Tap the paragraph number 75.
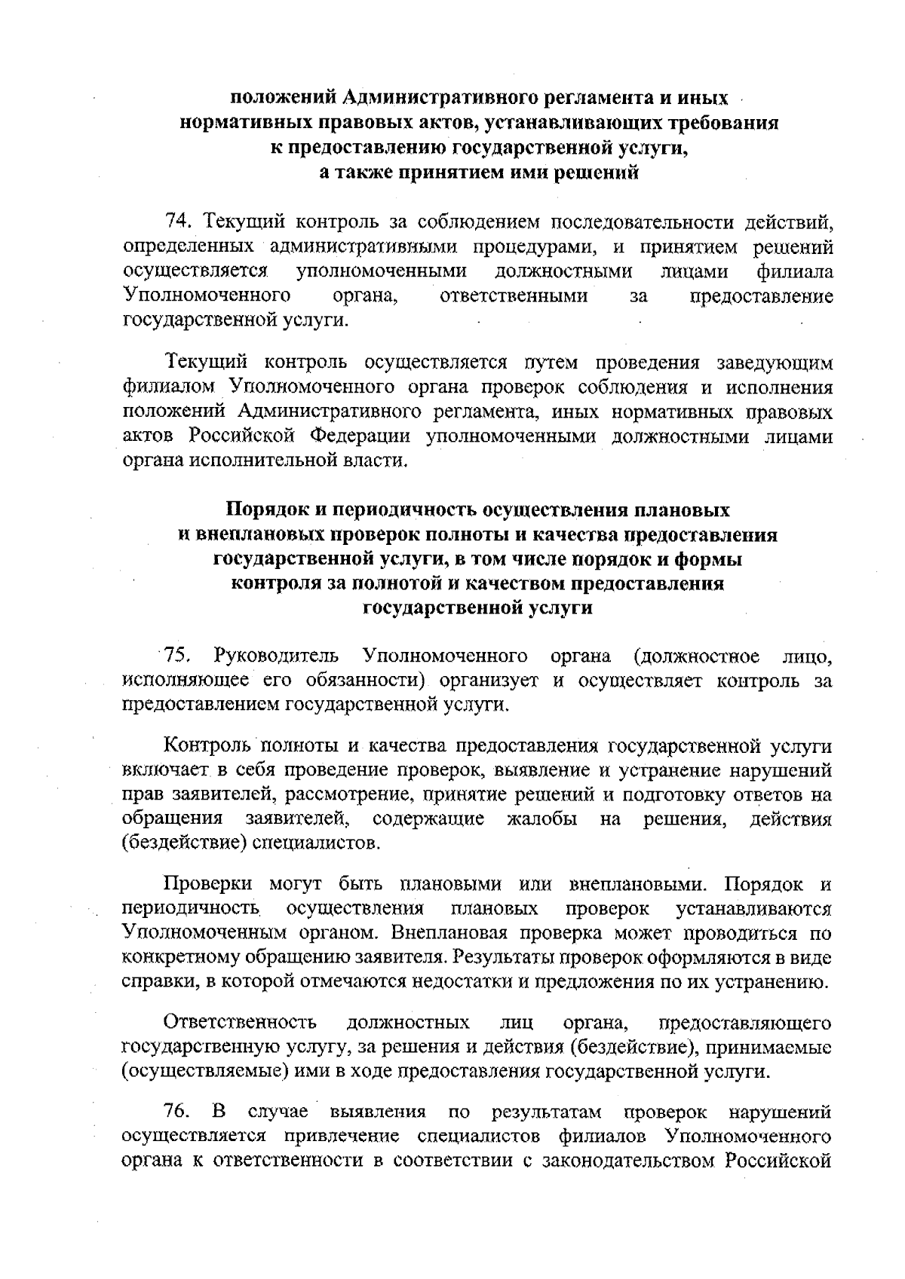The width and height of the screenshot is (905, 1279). (x=181, y=656)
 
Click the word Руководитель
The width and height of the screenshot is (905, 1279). (x=277, y=656)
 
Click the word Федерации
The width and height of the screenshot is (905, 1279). (x=360, y=436)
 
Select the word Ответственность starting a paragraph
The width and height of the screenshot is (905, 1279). (x=241, y=1024)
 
